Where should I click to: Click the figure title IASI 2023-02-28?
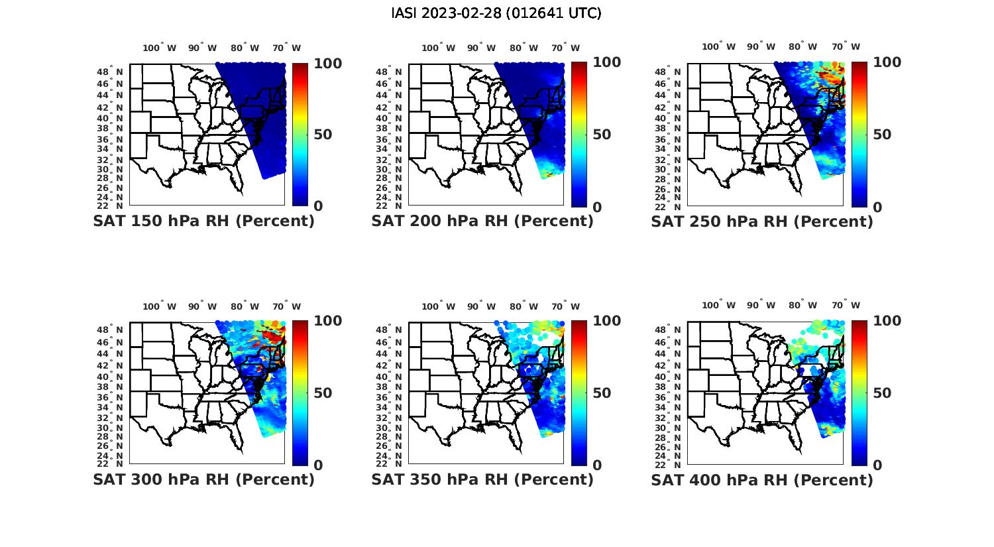tap(496, 13)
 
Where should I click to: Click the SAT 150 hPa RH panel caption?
tap(203, 221)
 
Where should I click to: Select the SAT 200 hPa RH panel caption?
tap(482, 221)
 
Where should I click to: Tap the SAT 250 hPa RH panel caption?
tap(762, 221)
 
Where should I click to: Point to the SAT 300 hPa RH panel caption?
tap(203, 479)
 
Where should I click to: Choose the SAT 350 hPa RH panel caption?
tap(482, 479)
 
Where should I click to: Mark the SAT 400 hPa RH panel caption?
tap(762, 479)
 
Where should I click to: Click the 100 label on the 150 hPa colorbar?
tap(328, 63)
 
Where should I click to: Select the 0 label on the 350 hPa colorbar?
tap(597, 465)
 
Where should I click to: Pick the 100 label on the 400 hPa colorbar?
tap(887, 321)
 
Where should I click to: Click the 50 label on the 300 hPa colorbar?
tap(323, 393)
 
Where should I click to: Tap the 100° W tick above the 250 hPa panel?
tap(719, 47)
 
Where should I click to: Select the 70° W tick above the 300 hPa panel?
tap(286, 306)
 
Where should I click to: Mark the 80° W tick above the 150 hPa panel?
tap(245, 48)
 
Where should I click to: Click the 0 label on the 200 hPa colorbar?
tap(597, 207)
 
